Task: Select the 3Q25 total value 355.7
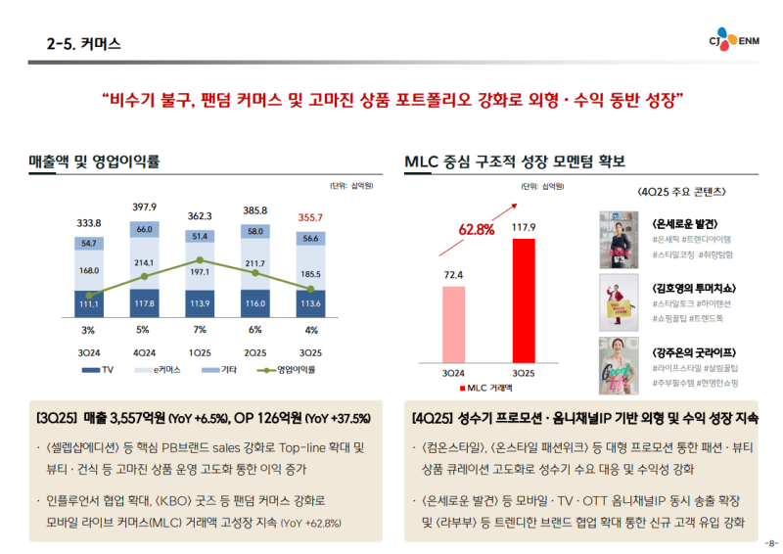point(310,217)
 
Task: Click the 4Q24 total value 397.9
point(145,207)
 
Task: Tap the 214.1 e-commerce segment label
point(145,263)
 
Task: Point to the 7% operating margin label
point(200,329)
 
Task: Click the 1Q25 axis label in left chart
point(200,352)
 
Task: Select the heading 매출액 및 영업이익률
point(94,162)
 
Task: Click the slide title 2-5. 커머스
point(84,43)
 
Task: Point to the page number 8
point(771,543)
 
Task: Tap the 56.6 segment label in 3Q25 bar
point(310,239)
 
